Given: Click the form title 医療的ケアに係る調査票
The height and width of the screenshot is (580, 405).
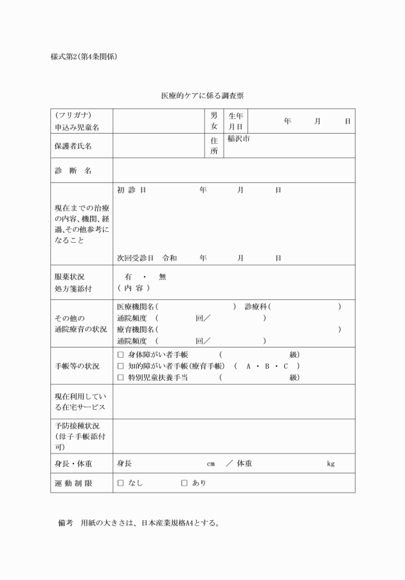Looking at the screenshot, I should (202, 96).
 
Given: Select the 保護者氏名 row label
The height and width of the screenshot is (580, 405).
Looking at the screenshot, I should (73, 146).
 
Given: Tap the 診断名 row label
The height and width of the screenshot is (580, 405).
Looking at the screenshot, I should (73, 171).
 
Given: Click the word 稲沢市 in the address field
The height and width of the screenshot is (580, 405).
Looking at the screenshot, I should (239, 139).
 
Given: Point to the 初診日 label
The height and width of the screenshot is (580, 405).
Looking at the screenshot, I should (132, 191).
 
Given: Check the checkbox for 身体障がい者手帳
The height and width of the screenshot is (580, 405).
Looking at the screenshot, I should (120, 355).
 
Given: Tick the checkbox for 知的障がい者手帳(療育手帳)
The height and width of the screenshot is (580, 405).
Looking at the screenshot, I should (120, 366).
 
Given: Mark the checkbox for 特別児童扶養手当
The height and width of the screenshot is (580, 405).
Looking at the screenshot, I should (120, 378).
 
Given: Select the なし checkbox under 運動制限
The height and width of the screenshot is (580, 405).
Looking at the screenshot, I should (120, 482).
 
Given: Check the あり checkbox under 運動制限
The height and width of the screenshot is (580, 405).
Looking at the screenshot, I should (184, 482).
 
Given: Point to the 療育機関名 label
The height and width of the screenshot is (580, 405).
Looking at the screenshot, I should (136, 330).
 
